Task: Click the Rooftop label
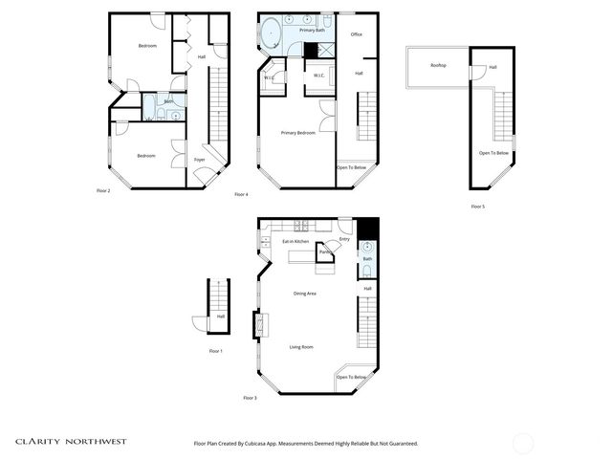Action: coord(438,65)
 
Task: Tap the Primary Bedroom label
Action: coord(297,132)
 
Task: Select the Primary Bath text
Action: coord(313,31)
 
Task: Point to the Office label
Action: coord(356,34)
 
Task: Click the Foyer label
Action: coord(200,159)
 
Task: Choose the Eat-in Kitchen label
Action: coord(295,242)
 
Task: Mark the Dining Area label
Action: coord(305,294)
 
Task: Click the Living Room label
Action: coord(301,347)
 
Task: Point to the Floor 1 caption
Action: coord(215,351)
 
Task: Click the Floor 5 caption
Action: coord(477,206)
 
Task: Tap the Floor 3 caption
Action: coord(250,397)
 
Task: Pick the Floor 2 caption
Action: coord(103,190)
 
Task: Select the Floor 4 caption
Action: coord(241,194)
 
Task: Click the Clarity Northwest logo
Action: coord(70,442)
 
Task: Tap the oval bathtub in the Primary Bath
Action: coord(271,33)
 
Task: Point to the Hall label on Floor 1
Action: coord(220,317)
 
